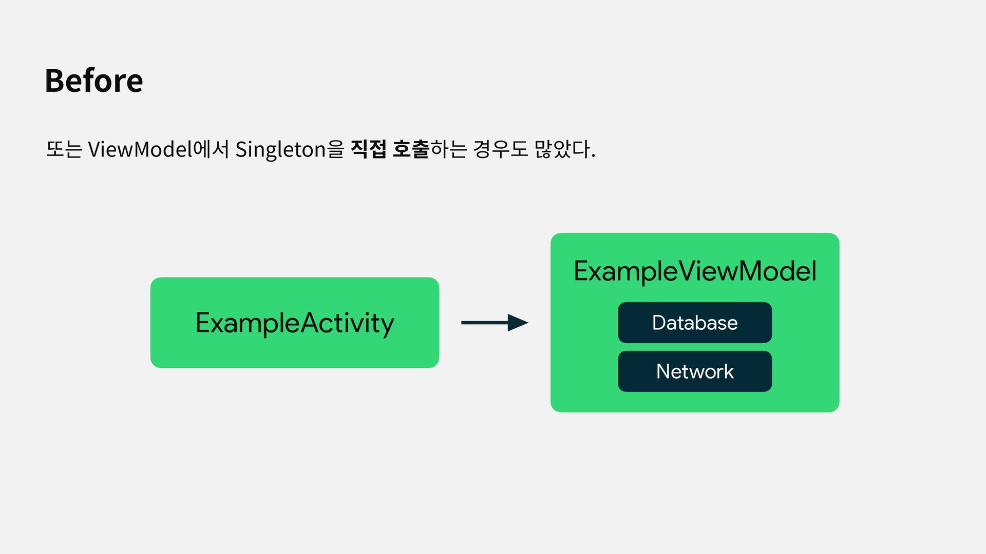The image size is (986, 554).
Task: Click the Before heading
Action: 94,81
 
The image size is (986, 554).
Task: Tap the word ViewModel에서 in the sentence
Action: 158,149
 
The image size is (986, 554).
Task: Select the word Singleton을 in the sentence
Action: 289,149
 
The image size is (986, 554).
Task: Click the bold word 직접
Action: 368,149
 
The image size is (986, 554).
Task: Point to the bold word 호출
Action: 410,149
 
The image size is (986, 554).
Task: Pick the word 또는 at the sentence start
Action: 64,149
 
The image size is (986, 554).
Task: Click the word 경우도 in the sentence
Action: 500,149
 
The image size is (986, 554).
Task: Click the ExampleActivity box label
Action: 295,323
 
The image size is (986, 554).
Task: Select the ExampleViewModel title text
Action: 695,271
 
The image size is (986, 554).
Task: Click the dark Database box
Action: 695,323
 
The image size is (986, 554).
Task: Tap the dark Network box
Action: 695,371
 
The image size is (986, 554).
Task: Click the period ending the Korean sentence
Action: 593,156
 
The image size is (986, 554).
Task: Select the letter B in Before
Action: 54,81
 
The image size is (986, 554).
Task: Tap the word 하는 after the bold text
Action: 448,149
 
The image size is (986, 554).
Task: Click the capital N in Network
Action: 663,371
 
